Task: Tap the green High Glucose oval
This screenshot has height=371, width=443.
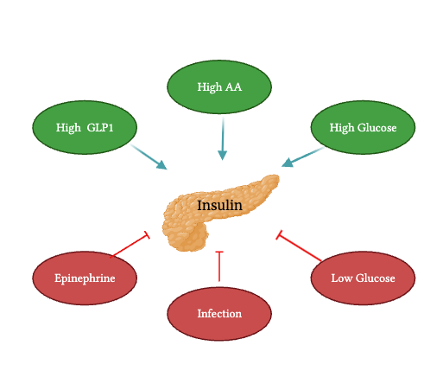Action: [363, 128]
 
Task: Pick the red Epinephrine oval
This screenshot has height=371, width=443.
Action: [85, 278]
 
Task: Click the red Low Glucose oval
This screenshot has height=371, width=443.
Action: [363, 278]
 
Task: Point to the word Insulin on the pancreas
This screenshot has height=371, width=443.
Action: [219, 206]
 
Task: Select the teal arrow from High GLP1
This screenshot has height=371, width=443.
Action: [149, 157]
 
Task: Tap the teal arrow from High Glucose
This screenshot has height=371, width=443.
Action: [302, 157]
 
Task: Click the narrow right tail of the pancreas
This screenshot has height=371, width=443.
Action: [268, 183]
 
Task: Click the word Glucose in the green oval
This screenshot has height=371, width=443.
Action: [376, 128]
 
